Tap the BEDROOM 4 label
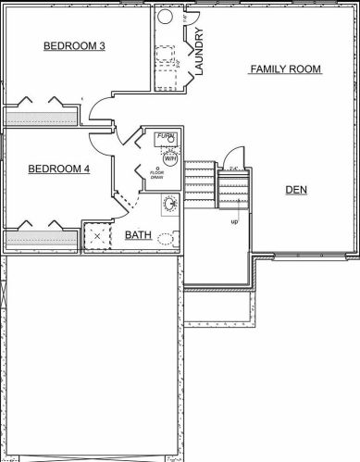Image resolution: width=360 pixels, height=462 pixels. (x=59, y=169)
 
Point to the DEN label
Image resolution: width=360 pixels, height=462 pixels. (x=296, y=190)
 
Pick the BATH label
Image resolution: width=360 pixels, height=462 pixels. (x=139, y=235)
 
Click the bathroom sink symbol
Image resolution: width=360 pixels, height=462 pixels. (x=169, y=203)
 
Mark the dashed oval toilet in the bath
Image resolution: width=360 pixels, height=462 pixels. (x=166, y=238)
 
